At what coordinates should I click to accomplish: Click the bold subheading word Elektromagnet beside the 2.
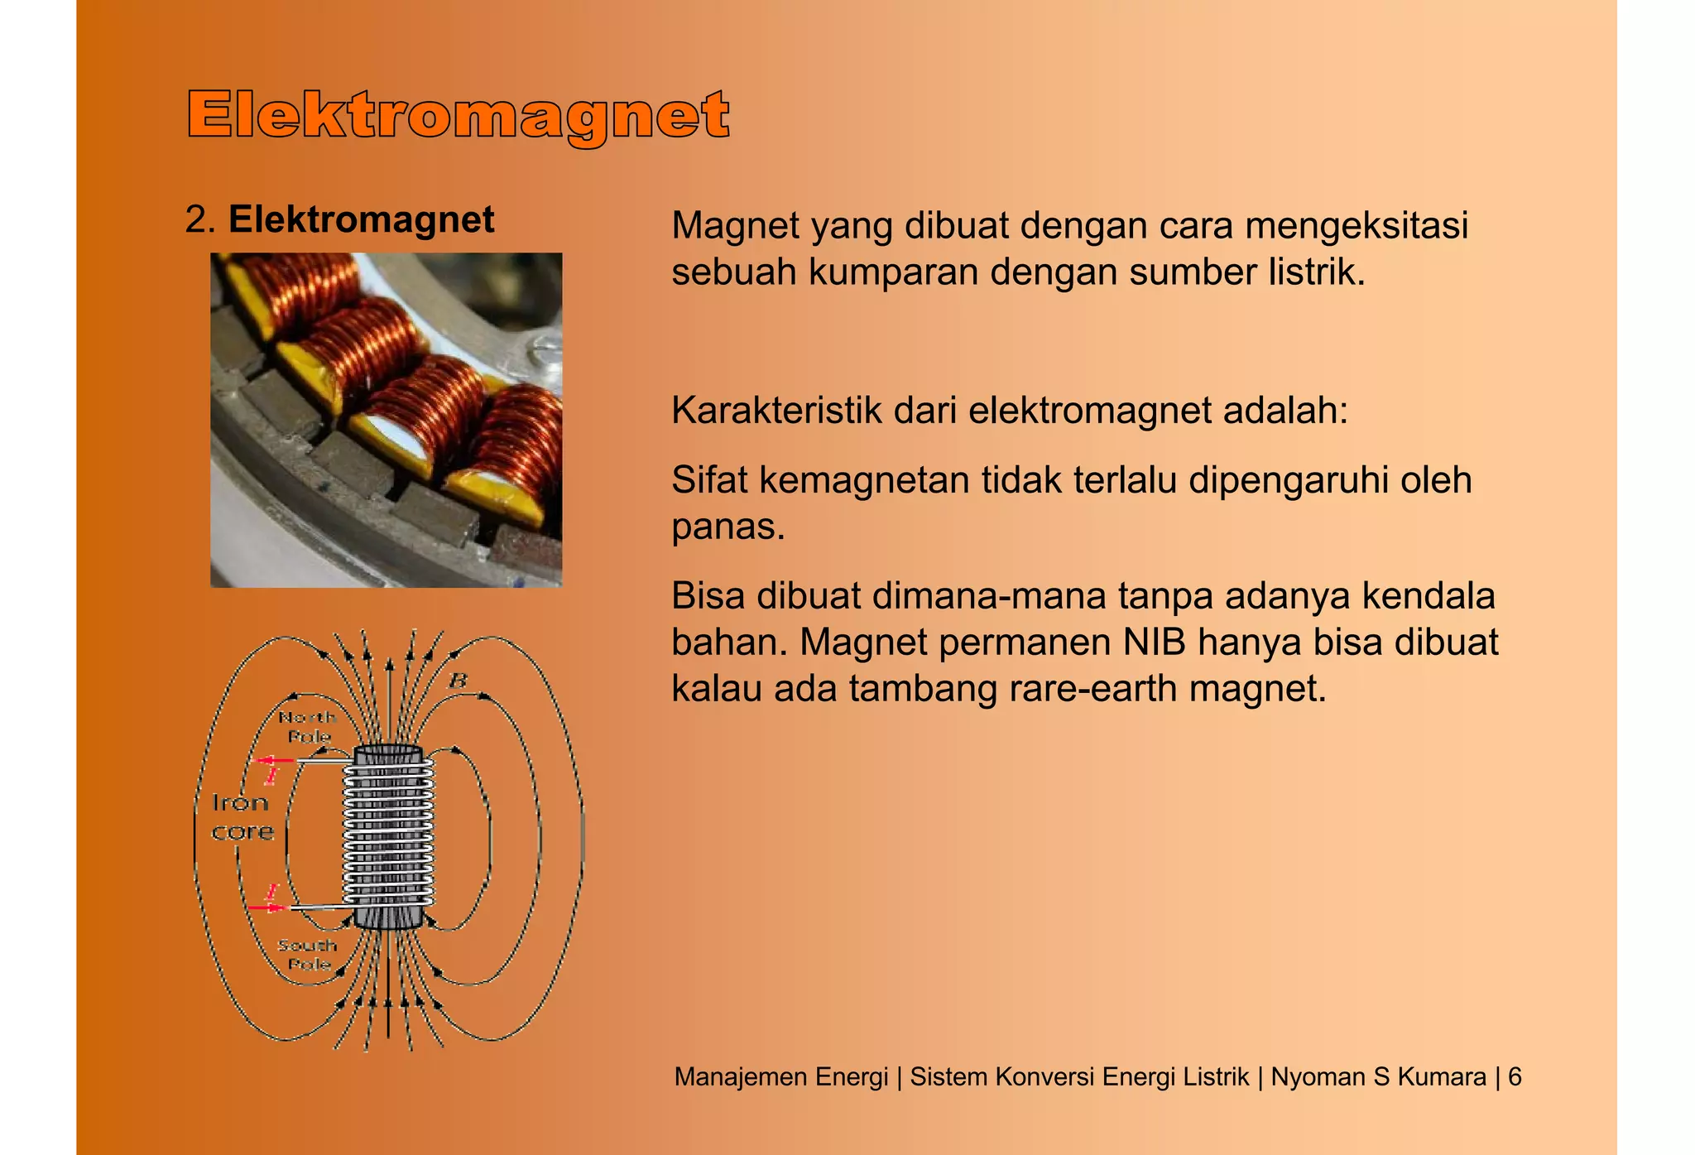pyautogui.click(x=361, y=219)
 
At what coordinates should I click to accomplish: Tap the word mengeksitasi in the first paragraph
pyautogui.click(x=1356, y=225)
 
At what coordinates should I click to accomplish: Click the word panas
pyautogui.click(x=727, y=527)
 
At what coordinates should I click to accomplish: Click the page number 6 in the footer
pyautogui.click(x=1515, y=1076)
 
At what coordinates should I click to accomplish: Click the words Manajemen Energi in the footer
pyautogui.click(x=780, y=1076)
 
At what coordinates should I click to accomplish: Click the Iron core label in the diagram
pyautogui.click(x=242, y=816)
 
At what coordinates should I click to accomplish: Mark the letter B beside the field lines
pyautogui.click(x=458, y=681)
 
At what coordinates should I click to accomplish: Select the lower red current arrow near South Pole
pyautogui.click(x=266, y=907)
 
